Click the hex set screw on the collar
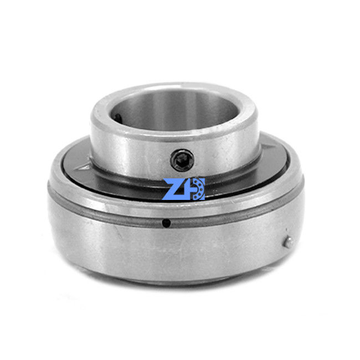(182, 160)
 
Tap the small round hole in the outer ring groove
(166, 223)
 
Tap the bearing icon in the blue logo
(198, 189)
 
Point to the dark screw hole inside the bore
(117, 117)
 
